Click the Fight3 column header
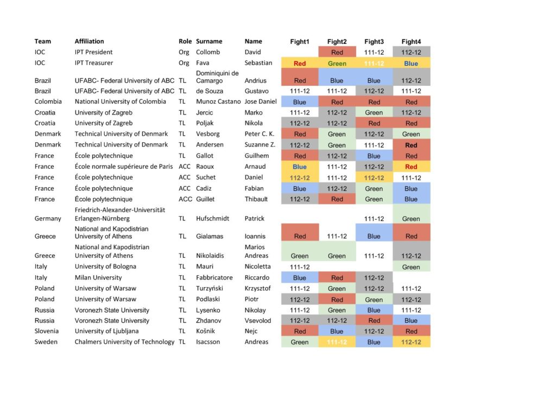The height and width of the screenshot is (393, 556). click(x=374, y=41)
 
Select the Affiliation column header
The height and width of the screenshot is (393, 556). click(x=89, y=41)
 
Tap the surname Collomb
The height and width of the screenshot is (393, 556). click(x=208, y=52)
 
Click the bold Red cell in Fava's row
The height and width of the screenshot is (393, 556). click(x=300, y=64)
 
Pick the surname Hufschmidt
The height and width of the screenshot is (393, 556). click(x=213, y=219)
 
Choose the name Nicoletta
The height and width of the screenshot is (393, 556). click(x=258, y=267)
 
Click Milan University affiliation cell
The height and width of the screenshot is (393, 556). click(x=98, y=277)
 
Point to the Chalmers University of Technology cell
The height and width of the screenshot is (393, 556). click(x=124, y=342)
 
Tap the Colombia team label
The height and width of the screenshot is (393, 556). click(x=48, y=102)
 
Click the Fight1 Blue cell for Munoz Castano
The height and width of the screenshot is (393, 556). click(x=300, y=102)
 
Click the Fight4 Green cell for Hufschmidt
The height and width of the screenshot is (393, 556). click(x=411, y=219)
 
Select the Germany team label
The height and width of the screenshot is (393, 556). click(x=48, y=219)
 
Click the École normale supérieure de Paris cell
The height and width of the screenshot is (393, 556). click(x=124, y=167)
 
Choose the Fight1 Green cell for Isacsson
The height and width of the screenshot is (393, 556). click(x=300, y=343)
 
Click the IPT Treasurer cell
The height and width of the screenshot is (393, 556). click(x=93, y=63)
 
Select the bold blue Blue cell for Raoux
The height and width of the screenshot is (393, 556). click(x=300, y=167)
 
